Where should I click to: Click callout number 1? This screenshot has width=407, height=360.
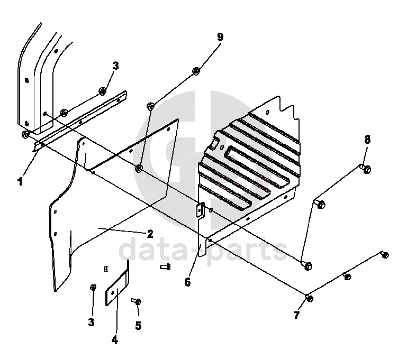(x=20, y=182)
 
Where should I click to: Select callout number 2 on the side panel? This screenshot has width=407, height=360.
(x=150, y=233)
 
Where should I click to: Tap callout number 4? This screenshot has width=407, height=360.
(x=114, y=340)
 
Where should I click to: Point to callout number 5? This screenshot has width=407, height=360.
(x=138, y=326)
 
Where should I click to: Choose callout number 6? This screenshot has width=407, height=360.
(x=187, y=282)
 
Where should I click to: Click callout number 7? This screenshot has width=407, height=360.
(x=296, y=316)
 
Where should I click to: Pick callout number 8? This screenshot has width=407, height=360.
(x=367, y=140)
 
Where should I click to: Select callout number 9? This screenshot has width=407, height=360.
(x=220, y=37)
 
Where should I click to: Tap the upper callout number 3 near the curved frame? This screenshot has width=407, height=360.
(x=116, y=66)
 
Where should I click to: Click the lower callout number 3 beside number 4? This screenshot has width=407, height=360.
(x=91, y=322)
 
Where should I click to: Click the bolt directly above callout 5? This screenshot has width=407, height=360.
(x=137, y=301)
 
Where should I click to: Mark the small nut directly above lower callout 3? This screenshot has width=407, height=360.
(x=93, y=287)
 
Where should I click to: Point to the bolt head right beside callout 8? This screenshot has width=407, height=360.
(x=366, y=169)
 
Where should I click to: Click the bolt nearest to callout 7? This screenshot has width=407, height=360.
(x=310, y=298)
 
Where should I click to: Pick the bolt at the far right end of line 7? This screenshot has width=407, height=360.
(x=384, y=255)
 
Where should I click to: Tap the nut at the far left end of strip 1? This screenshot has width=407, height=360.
(x=25, y=135)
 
